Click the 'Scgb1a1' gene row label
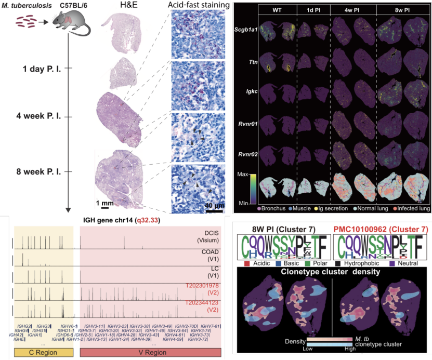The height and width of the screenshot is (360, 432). [247, 31]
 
